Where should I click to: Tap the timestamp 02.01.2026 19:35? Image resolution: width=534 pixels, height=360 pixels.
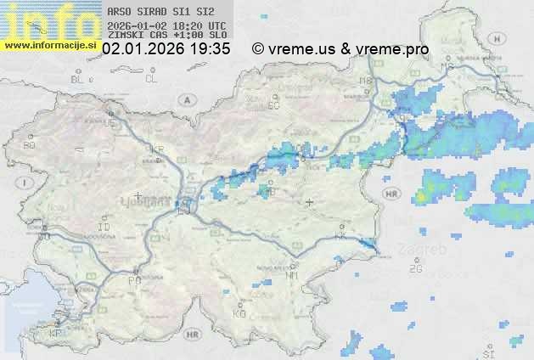[166, 49]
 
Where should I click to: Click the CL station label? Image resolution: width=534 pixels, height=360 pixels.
[151, 80]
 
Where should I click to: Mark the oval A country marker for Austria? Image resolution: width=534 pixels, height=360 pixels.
[185, 98]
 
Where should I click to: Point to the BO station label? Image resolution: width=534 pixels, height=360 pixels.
[30, 145]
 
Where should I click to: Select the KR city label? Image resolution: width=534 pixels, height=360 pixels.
[156, 149]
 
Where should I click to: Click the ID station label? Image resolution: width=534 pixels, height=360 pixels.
[104, 228]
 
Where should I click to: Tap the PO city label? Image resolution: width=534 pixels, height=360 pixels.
[132, 280]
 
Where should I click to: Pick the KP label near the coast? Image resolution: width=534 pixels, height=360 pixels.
[56, 334]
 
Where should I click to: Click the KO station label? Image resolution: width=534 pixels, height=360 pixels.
[239, 313]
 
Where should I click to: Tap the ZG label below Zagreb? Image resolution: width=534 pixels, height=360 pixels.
[415, 269]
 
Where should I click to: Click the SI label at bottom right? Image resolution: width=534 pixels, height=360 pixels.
[488, 352]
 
